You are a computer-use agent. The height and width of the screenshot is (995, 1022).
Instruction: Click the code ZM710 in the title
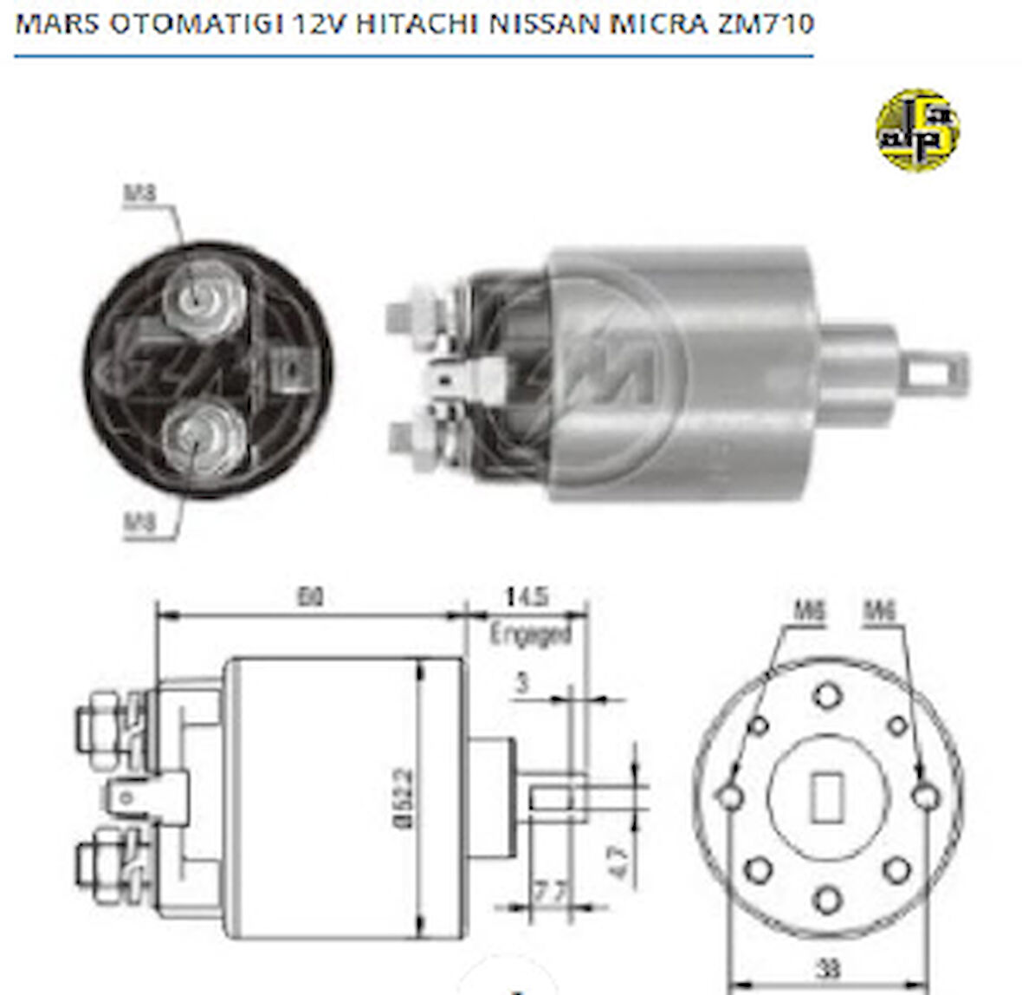[x=765, y=23]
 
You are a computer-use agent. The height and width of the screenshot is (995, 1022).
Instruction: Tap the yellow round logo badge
[x=917, y=130]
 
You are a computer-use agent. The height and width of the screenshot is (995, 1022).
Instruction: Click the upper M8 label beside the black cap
[x=140, y=192]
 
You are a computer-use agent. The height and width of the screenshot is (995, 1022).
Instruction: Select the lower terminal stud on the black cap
[x=206, y=439]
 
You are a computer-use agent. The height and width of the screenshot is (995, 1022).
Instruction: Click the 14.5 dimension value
[x=526, y=597]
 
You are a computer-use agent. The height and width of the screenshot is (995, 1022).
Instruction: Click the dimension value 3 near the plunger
[x=521, y=684]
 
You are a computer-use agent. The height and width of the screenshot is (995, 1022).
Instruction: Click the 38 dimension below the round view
[x=829, y=966]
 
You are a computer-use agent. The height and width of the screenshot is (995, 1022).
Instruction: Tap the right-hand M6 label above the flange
[x=879, y=612]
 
